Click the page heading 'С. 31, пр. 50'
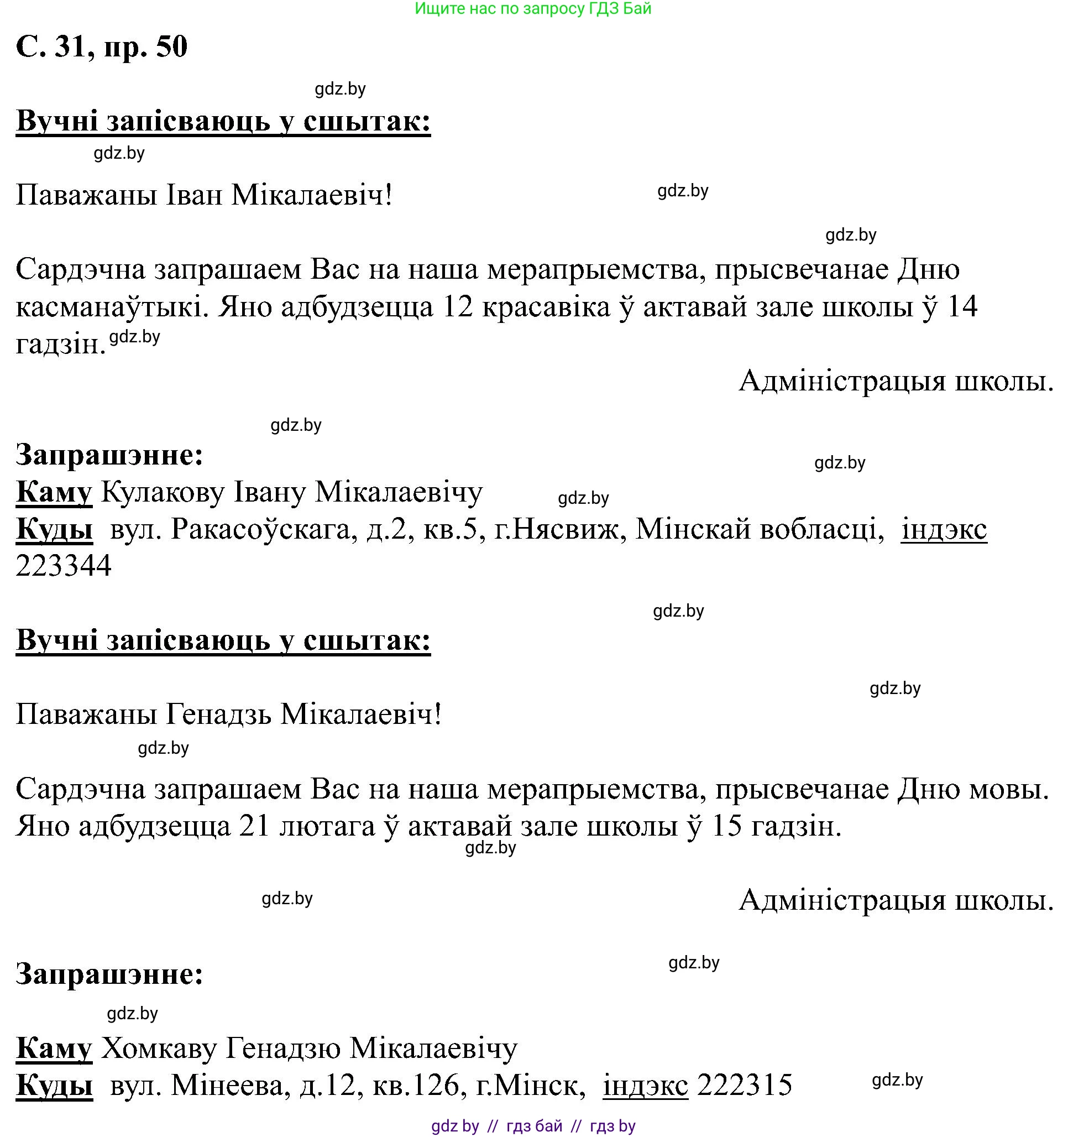102,47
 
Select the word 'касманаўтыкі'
109,307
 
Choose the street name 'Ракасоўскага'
261,530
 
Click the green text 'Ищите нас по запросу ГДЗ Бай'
533,9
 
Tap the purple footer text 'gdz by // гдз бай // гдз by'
533,1126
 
